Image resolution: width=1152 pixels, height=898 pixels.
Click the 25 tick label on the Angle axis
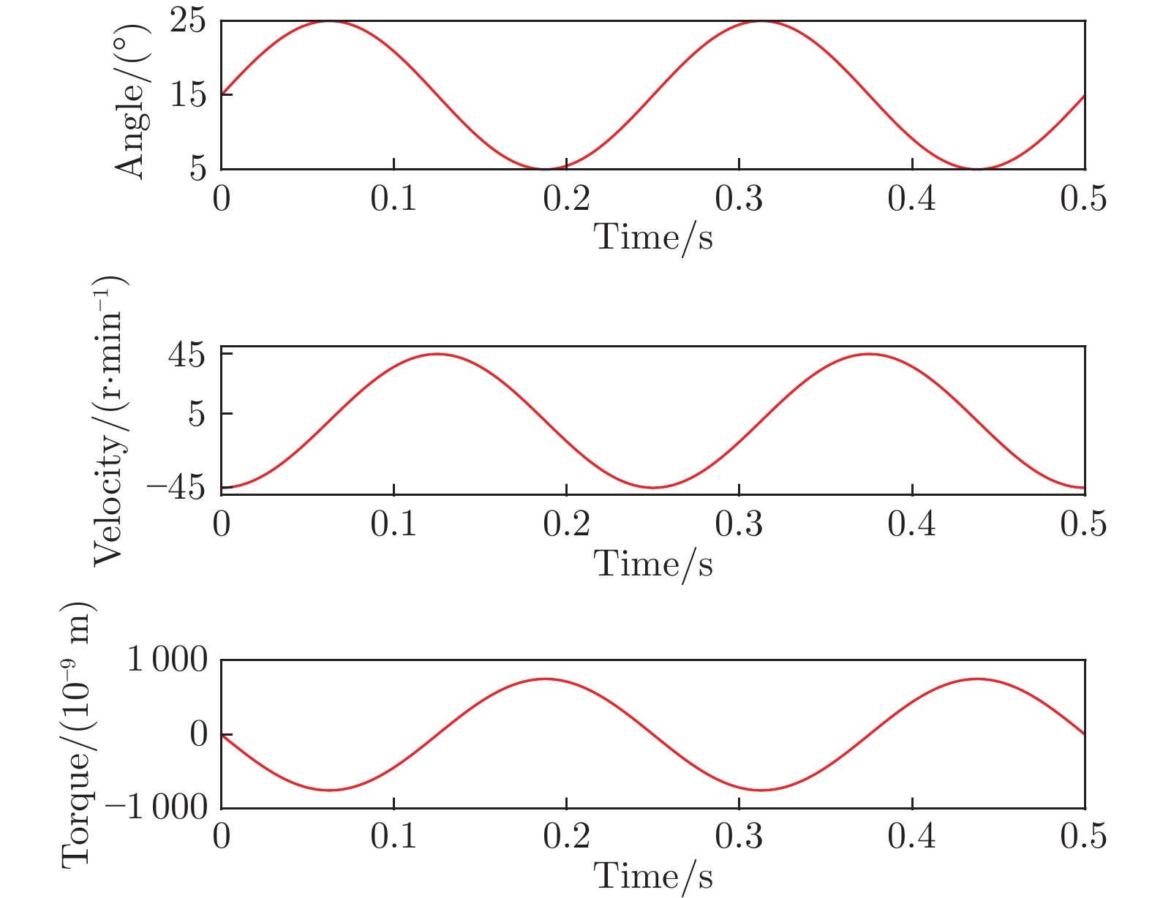tap(188, 23)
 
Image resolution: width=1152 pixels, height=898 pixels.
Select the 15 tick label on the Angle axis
tap(188, 95)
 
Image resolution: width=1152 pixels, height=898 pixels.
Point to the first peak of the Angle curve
tap(329, 21)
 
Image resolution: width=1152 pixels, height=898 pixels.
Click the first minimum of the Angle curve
tap(545, 169)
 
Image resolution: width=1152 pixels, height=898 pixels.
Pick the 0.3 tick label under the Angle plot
tap(739, 199)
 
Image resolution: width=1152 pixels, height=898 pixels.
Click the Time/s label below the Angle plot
tap(653, 237)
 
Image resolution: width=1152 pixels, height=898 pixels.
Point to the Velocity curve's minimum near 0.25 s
tap(653, 488)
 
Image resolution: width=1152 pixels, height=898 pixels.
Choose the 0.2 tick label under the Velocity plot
tap(566, 525)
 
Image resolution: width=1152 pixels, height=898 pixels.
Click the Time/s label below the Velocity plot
tap(653, 563)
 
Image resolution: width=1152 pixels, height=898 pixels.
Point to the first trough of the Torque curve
tap(329, 790)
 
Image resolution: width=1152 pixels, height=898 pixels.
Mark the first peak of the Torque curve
tap(545, 679)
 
